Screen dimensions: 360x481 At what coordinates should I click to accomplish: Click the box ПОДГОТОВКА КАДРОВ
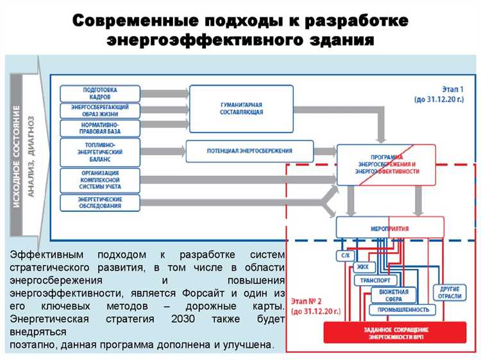coord(100,93)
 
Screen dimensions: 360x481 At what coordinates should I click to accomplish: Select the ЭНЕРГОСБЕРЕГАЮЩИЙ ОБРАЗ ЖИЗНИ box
coord(100,110)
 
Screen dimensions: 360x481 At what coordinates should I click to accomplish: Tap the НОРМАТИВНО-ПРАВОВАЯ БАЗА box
coord(100,127)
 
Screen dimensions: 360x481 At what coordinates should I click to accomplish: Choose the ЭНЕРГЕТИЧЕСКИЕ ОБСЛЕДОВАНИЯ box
coord(100,203)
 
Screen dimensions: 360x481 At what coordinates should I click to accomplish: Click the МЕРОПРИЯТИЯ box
coord(389,228)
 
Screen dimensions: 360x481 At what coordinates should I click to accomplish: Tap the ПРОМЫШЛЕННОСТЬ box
coord(403,309)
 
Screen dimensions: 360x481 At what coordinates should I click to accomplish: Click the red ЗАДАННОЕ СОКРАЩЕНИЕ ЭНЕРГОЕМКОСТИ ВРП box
coord(394,333)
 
